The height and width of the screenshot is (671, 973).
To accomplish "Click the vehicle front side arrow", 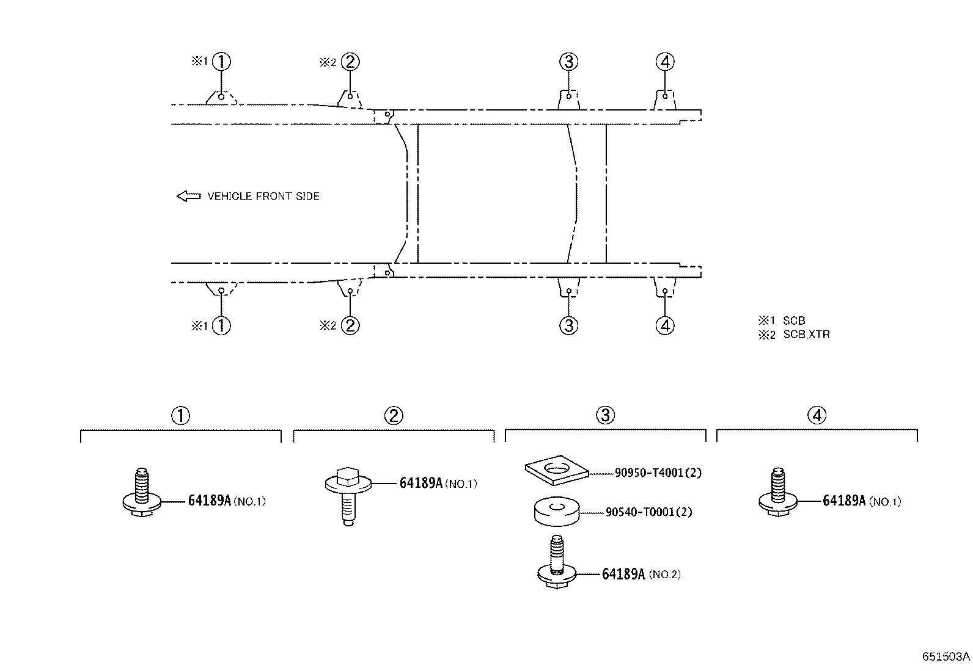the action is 188,196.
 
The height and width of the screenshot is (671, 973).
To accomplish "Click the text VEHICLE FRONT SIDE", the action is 263,196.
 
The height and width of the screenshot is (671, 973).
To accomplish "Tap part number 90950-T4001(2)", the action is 658,473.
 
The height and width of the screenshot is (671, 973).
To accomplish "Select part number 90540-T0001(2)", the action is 649,512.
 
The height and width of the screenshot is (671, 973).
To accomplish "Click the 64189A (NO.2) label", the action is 641,574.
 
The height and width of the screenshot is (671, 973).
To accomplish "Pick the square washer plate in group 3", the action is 557,470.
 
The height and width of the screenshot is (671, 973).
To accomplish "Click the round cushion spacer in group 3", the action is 557,511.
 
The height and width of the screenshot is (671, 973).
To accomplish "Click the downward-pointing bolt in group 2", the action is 348,496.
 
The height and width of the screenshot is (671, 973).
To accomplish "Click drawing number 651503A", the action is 946,657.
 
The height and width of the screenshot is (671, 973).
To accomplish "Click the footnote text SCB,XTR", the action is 806,335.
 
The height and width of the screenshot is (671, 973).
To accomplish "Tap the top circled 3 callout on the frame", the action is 568,62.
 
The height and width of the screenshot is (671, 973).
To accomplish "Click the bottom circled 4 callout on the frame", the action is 665,325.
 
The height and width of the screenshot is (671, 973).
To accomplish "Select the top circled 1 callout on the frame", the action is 221,62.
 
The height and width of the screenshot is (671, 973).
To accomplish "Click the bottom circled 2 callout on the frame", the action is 350,325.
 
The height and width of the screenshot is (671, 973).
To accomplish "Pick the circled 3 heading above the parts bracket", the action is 606,415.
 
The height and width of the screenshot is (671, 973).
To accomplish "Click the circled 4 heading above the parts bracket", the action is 817,415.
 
